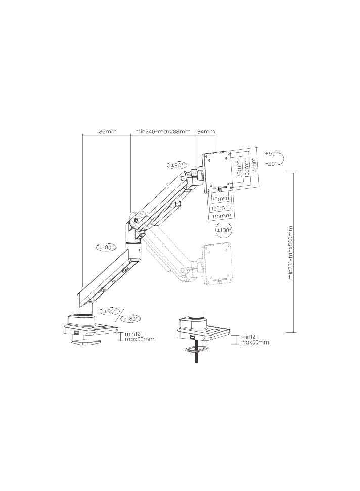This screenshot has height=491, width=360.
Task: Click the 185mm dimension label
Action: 106,131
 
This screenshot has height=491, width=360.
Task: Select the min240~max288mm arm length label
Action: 162,131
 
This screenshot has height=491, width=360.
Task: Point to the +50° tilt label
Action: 272,153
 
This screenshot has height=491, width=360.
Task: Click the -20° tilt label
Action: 272,163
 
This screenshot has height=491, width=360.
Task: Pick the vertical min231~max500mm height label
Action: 291,253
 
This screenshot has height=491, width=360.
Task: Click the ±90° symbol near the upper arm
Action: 176,165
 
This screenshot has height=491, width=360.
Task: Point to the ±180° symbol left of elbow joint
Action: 106,248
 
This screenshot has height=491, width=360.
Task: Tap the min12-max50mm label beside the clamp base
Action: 140,336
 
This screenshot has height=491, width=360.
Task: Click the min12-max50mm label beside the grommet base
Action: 254,339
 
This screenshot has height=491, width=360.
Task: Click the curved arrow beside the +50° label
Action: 282,158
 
